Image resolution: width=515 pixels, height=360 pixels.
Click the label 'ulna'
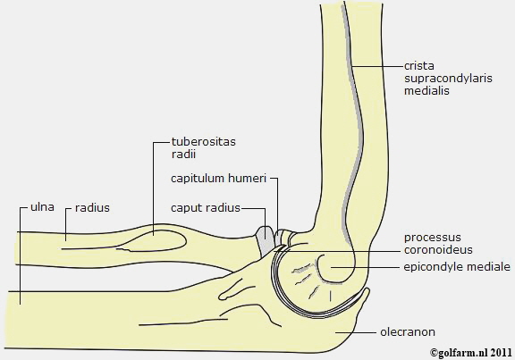click(42, 207)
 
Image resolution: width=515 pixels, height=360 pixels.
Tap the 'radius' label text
click(92, 208)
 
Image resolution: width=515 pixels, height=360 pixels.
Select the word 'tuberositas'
click(204, 141)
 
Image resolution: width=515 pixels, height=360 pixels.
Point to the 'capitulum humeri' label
click(218, 179)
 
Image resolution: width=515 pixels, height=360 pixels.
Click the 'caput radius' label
click(206, 208)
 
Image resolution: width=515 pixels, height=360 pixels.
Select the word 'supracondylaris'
click(448, 79)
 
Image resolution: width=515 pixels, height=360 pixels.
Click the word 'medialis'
click(426, 90)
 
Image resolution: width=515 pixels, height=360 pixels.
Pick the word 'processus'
click(432, 238)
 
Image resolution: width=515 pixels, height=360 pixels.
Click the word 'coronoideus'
click(438, 250)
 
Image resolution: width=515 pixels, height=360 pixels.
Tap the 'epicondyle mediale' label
click(457, 267)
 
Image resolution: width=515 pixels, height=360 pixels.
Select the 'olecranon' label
click(408, 332)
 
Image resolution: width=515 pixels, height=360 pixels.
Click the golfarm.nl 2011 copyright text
click(470, 352)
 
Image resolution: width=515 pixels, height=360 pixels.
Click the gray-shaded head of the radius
click(265, 241)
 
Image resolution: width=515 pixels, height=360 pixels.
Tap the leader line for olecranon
click(356, 332)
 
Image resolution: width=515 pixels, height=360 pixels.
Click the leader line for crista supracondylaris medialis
click(377, 66)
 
